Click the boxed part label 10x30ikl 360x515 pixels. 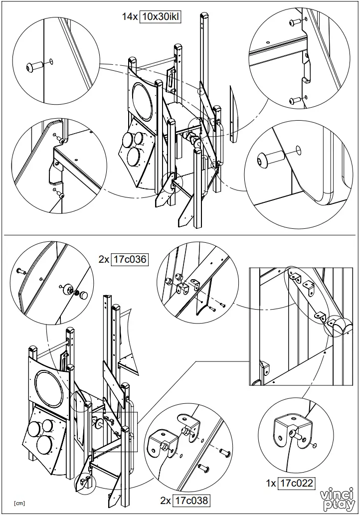coord(160,16)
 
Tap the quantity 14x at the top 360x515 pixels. coord(129,16)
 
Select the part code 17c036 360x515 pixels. coord(130,259)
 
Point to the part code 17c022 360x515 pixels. coord(297,483)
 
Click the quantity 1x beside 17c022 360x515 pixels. coord(271,483)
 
